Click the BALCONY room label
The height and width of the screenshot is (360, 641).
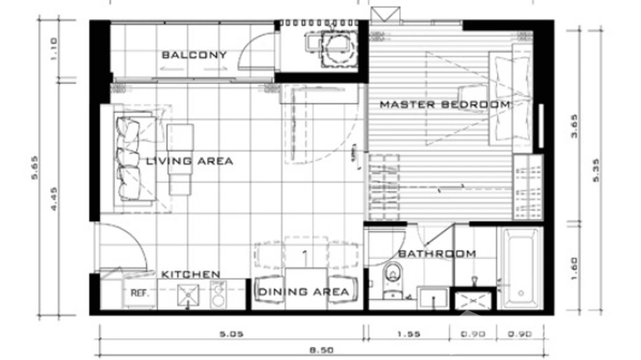[x=194, y=55]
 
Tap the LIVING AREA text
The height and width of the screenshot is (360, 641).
[x=190, y=161]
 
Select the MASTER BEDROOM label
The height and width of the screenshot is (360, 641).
[x=445, y=105]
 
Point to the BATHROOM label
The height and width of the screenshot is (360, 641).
[x=437, y=254]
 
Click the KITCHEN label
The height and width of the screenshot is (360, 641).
[x=191, y=275]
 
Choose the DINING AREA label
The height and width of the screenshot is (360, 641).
[x=303, y=292]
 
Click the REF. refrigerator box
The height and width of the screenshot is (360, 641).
[x=140, y=293]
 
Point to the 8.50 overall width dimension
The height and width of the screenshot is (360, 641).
[x=321, y=350]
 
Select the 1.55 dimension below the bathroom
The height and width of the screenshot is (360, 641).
[x=408, y=334]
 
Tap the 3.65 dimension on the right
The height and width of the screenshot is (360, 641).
[x=574, y=126]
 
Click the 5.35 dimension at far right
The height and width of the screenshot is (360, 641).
[x=595, y=170]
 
